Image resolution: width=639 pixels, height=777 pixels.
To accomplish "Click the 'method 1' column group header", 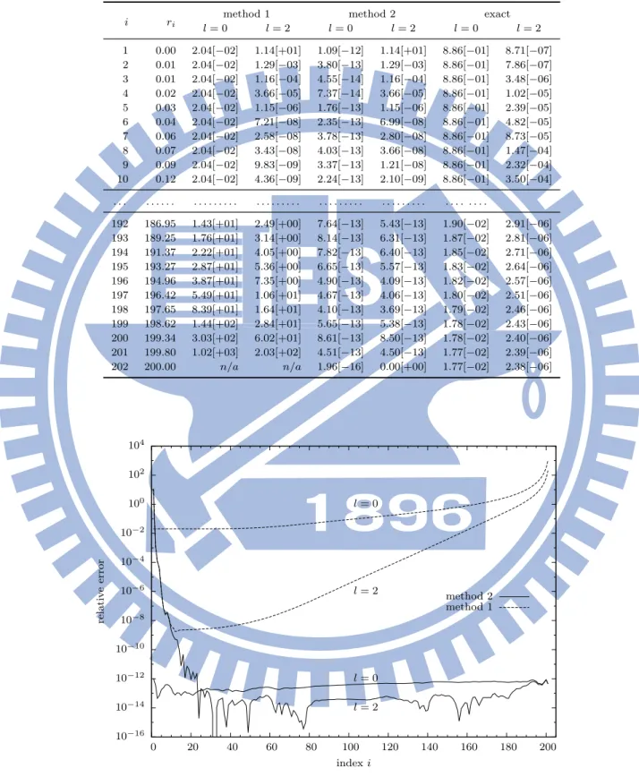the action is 246,14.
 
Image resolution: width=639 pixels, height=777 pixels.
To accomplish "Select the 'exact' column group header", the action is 497,14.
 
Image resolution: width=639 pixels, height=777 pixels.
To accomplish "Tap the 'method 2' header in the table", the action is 371,14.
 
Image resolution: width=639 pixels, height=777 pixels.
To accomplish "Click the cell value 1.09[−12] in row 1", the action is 340,50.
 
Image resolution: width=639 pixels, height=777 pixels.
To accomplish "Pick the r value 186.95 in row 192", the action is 160,224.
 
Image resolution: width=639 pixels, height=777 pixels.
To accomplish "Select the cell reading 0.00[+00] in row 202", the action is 403,367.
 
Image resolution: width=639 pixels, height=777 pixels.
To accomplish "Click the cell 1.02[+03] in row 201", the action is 215,353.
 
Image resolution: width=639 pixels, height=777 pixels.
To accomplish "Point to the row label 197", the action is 120,295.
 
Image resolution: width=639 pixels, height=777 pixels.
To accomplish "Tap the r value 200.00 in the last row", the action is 160,367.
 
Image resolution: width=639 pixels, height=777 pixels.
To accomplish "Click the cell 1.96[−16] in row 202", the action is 340,367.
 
